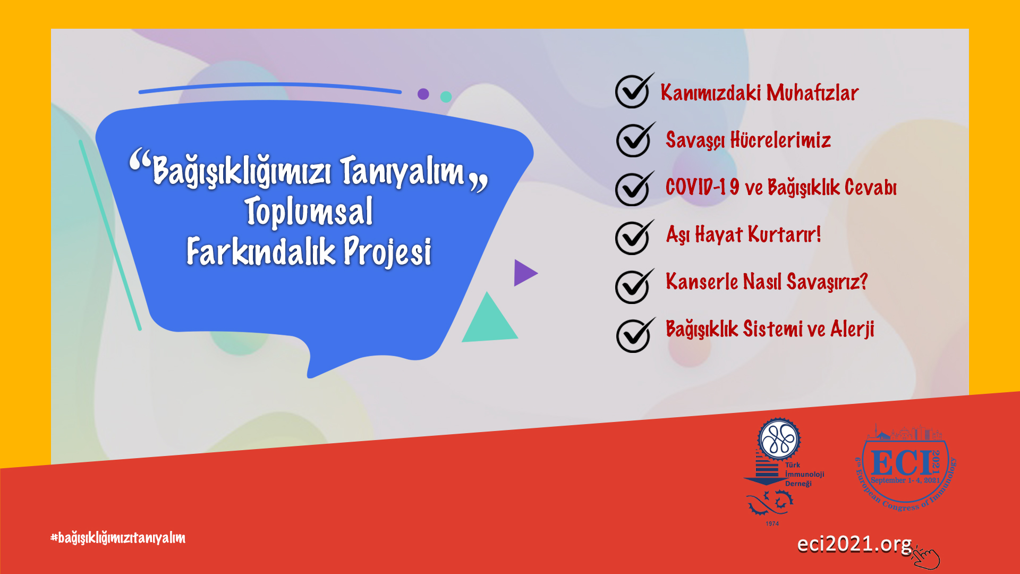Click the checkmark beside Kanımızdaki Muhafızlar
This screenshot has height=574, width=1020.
pos(633,91)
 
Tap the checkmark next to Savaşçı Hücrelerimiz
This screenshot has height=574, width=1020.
pos(634,139)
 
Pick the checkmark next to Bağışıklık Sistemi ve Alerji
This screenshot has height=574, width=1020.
pos(635,335)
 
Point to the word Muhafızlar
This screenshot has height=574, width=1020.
pos(812,92)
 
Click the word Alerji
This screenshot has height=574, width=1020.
pos(852,330)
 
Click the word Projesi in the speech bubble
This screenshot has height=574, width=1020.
pos(387,252)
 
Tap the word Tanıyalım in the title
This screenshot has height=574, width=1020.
pos(402,171)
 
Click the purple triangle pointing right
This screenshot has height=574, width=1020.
pos(525,273)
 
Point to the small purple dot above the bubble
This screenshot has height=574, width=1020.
pos(423,94)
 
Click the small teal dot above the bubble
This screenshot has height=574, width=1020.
pos(446,97)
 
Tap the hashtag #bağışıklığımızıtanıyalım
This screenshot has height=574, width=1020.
pos(118,538)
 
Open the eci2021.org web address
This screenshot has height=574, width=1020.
pos(854,544)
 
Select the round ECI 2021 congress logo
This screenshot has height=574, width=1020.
pos(906,468)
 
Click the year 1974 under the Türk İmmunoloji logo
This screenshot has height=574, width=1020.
pos(772,524)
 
